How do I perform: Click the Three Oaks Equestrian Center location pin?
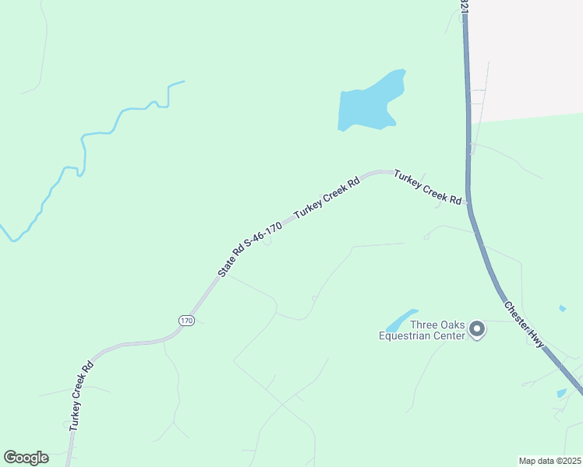(x=478, y=329)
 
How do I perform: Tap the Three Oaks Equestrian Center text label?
(x=422, y=331)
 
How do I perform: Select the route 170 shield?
(x=185, y=320)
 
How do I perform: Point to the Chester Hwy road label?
(x=523, y=325)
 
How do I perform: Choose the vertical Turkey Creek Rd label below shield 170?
(x=81, y=395)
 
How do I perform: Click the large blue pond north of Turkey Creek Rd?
(x=369, y=104)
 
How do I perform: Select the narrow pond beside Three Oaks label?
(x=401, y=319)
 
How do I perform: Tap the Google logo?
(x=26, y=458)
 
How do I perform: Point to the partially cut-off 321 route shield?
(x=464, y=6)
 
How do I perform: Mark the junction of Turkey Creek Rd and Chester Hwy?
(x=469, y=202)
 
